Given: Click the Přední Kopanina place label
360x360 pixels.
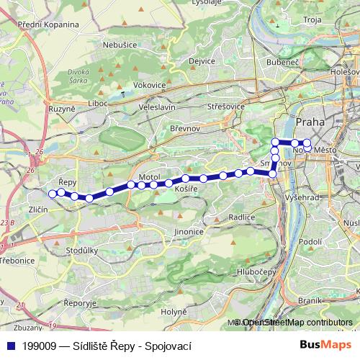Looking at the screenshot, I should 48,24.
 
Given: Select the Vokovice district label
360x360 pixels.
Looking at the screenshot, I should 150,85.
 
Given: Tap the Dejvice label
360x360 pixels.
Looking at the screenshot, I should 202,61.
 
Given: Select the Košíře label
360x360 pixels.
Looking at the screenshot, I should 186,188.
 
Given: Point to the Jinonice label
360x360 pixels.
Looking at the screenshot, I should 189,232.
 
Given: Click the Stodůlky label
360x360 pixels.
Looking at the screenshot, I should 81,251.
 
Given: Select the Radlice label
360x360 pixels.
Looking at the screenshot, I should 241,217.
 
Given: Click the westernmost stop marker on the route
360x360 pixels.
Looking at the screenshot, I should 52,194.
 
